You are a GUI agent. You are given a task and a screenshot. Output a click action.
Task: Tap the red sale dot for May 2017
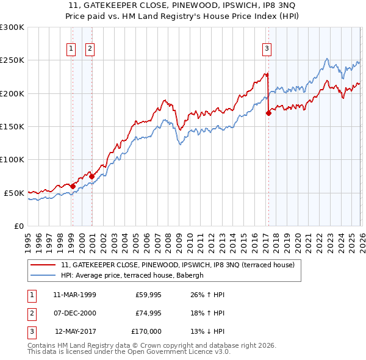click(x=268, y=113)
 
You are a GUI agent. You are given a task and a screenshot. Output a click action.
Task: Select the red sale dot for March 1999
click(x=73, y=186)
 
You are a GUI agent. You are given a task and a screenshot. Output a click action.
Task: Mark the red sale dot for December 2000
click(x=91, y=176)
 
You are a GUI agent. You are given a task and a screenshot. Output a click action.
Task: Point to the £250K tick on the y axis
click(x=13, y=60)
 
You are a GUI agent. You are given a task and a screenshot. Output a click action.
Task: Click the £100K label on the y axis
click(x=13, y=159)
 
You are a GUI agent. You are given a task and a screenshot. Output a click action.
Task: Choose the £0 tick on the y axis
click(x=18, y=226)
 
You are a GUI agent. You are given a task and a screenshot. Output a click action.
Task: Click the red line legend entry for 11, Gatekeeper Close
click(x=178, y=265)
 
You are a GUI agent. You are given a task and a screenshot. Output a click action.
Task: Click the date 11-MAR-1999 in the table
click(x=74, y=295)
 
